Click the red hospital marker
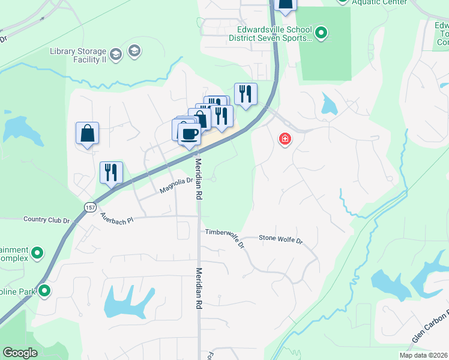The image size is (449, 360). [x=285, y=140]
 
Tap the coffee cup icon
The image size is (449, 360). [x=190, y=133]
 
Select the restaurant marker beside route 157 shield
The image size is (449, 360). [x=111, y=173]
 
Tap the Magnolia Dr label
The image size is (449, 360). [x=175, y=185]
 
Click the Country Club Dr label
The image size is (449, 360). [x=46, y=220]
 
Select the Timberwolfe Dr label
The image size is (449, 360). [x=225, y=237]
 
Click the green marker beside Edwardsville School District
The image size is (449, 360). [x=321, y=33]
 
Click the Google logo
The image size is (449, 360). [x=20, y=353]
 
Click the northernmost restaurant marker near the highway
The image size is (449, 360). [x=246, y=95]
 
